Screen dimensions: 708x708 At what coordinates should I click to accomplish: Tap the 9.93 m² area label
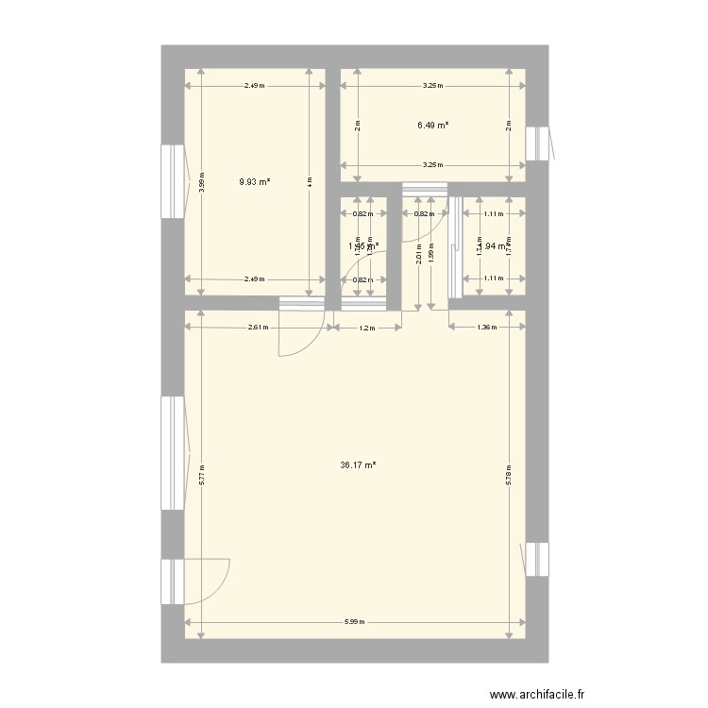[x=255, y=181]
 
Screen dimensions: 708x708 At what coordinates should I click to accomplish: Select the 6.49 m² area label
[x=432, y=125]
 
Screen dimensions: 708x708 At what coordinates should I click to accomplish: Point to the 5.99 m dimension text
[x=354, y=622]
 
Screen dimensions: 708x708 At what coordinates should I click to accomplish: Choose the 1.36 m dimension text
[x=486, y=329]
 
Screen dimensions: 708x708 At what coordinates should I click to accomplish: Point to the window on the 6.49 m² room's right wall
[x=537, y=143]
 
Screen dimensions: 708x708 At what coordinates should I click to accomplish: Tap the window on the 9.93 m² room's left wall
[x=173, y=180]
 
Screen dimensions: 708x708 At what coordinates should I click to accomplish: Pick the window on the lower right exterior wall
[x=537, y=558]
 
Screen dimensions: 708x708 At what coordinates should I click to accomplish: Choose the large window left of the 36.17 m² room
[x=173, y=452]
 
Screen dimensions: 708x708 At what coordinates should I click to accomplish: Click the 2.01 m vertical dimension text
[x=417, y=252]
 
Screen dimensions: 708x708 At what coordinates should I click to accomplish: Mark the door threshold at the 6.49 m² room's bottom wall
[x=425, y=190]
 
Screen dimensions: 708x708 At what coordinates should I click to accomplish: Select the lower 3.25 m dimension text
[x=431, y=164]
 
